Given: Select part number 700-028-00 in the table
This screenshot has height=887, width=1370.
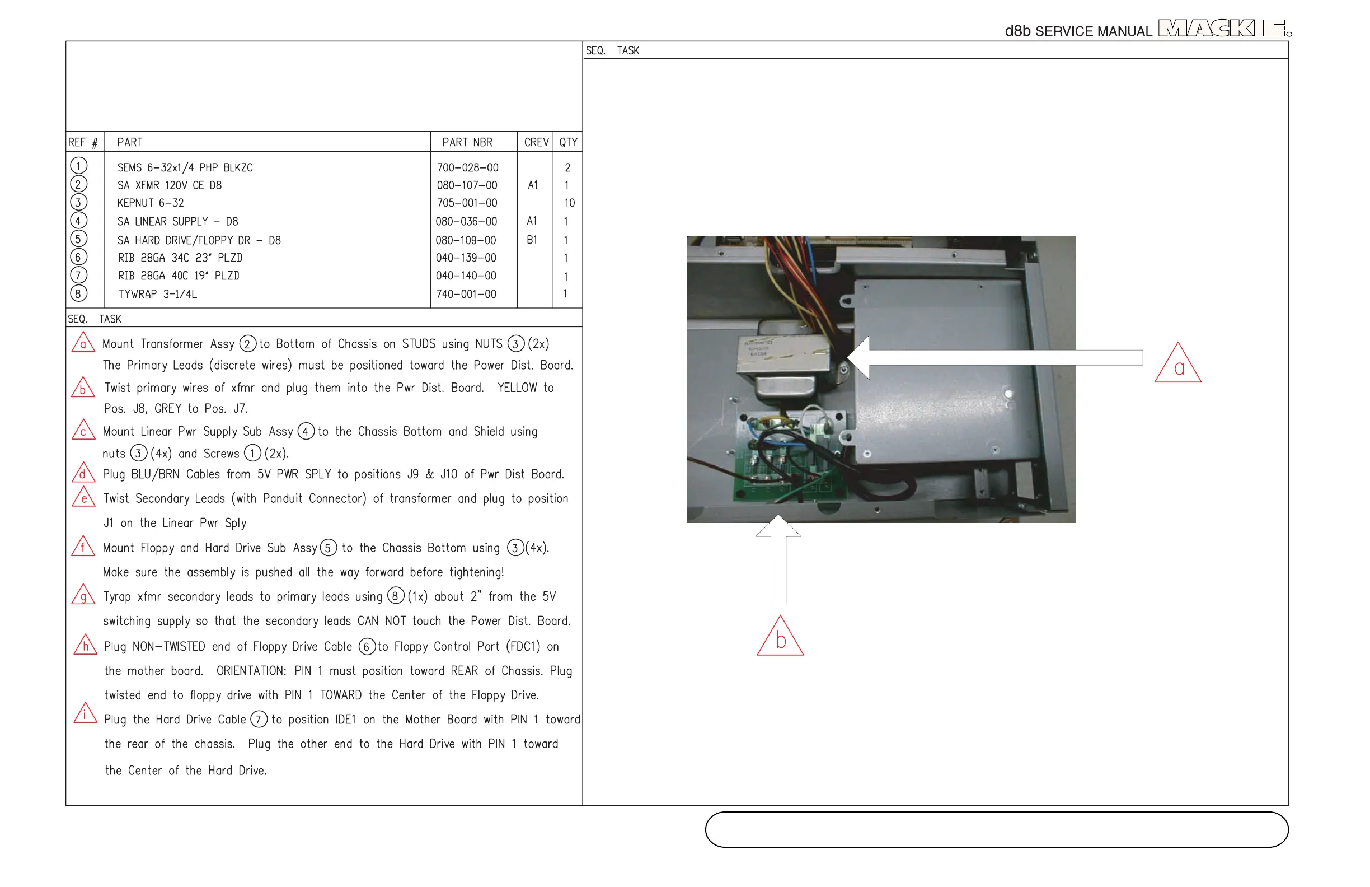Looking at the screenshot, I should (467, 167).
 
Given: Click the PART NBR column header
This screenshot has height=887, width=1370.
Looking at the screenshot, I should (467, 142).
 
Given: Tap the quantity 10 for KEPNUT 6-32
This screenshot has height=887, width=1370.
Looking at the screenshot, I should (569, 203).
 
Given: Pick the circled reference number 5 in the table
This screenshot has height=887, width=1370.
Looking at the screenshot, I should (79, 239).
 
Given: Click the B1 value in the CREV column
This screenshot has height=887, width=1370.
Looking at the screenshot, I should (532, 240).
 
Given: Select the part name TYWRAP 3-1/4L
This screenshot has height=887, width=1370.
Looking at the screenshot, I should (157, 295).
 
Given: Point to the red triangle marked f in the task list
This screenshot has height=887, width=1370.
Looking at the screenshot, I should (83, 547).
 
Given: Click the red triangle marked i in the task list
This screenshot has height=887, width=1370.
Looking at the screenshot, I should (85, 713).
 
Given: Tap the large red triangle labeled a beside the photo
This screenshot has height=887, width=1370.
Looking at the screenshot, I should (1177, 365).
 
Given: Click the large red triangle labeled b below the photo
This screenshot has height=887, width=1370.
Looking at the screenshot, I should (780, 638).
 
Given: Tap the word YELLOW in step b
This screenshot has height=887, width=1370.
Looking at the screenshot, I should (517, 388).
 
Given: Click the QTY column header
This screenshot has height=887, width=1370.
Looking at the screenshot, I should (567, 142).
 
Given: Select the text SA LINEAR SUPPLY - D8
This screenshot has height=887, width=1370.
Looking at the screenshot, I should (177, 222).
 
